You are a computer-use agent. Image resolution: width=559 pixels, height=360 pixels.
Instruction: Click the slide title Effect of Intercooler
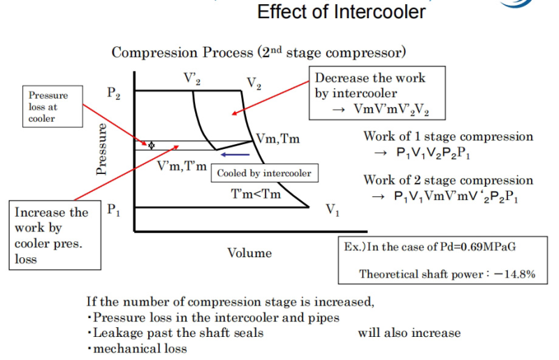tap(342, 12)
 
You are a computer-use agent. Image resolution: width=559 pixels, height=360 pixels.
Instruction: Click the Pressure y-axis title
tap(103, 149)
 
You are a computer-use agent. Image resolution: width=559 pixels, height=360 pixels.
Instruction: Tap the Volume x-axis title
tap(249, 253)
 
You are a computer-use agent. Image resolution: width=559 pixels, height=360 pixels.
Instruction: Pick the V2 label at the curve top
tap(254, 84)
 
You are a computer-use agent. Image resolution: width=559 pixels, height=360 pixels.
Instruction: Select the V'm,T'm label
tap(182, 166)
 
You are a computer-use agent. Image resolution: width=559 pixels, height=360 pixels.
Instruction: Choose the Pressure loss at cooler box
tap(48, 107)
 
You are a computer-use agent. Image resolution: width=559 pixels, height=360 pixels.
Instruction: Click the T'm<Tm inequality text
tap(256, 194)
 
